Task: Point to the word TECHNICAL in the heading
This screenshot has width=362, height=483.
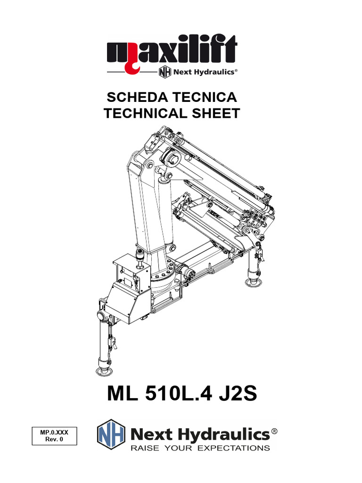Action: pyautogui.click(x=145, y=113)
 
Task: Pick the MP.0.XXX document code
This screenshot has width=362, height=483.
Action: pyautogui.click(x=54, y=432)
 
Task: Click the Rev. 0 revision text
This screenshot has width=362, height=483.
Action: pyautogui.click(x=54, y=439)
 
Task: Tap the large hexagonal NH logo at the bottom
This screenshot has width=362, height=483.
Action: pyautogui.click(x=111, y=434)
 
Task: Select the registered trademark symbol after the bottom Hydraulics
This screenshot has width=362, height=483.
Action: pyautogui.click(x=274, y=432)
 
